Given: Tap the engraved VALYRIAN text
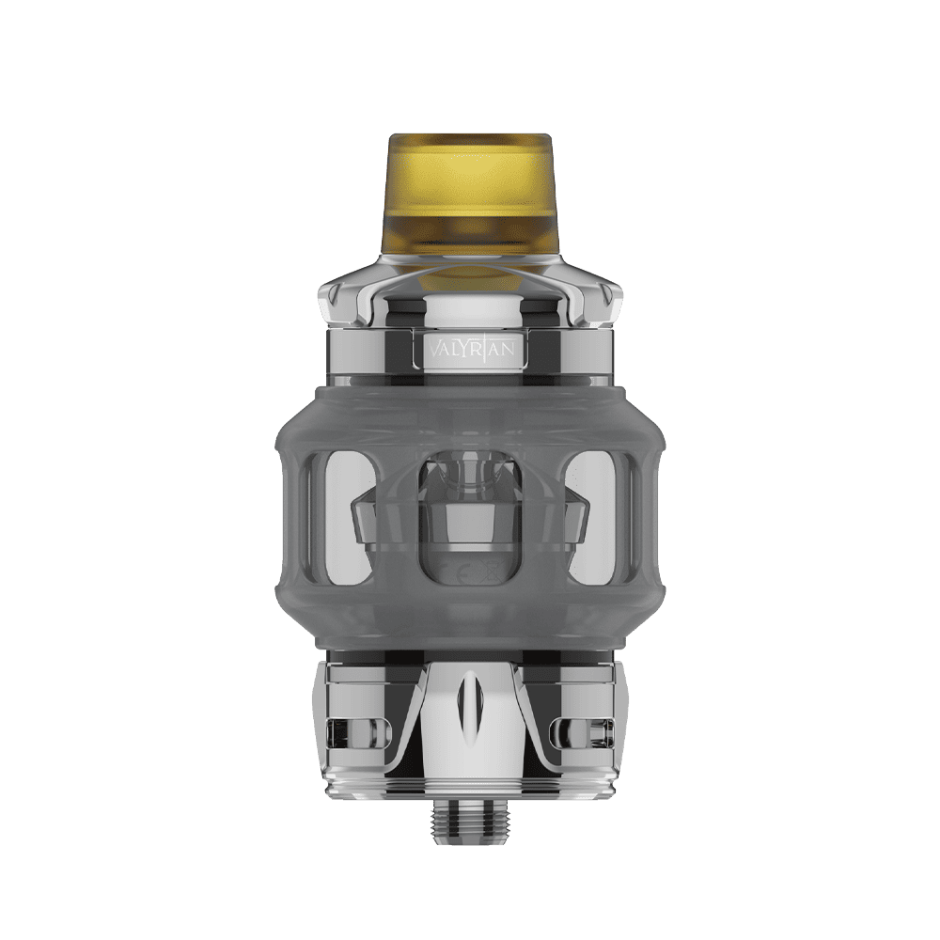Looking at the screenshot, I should (470, 348).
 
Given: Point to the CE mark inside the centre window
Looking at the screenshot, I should (457, 570).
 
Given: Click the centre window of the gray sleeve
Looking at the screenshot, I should (470, 512).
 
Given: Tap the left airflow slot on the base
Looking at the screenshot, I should (350, 728).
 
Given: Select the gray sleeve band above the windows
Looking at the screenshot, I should (470, 414).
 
